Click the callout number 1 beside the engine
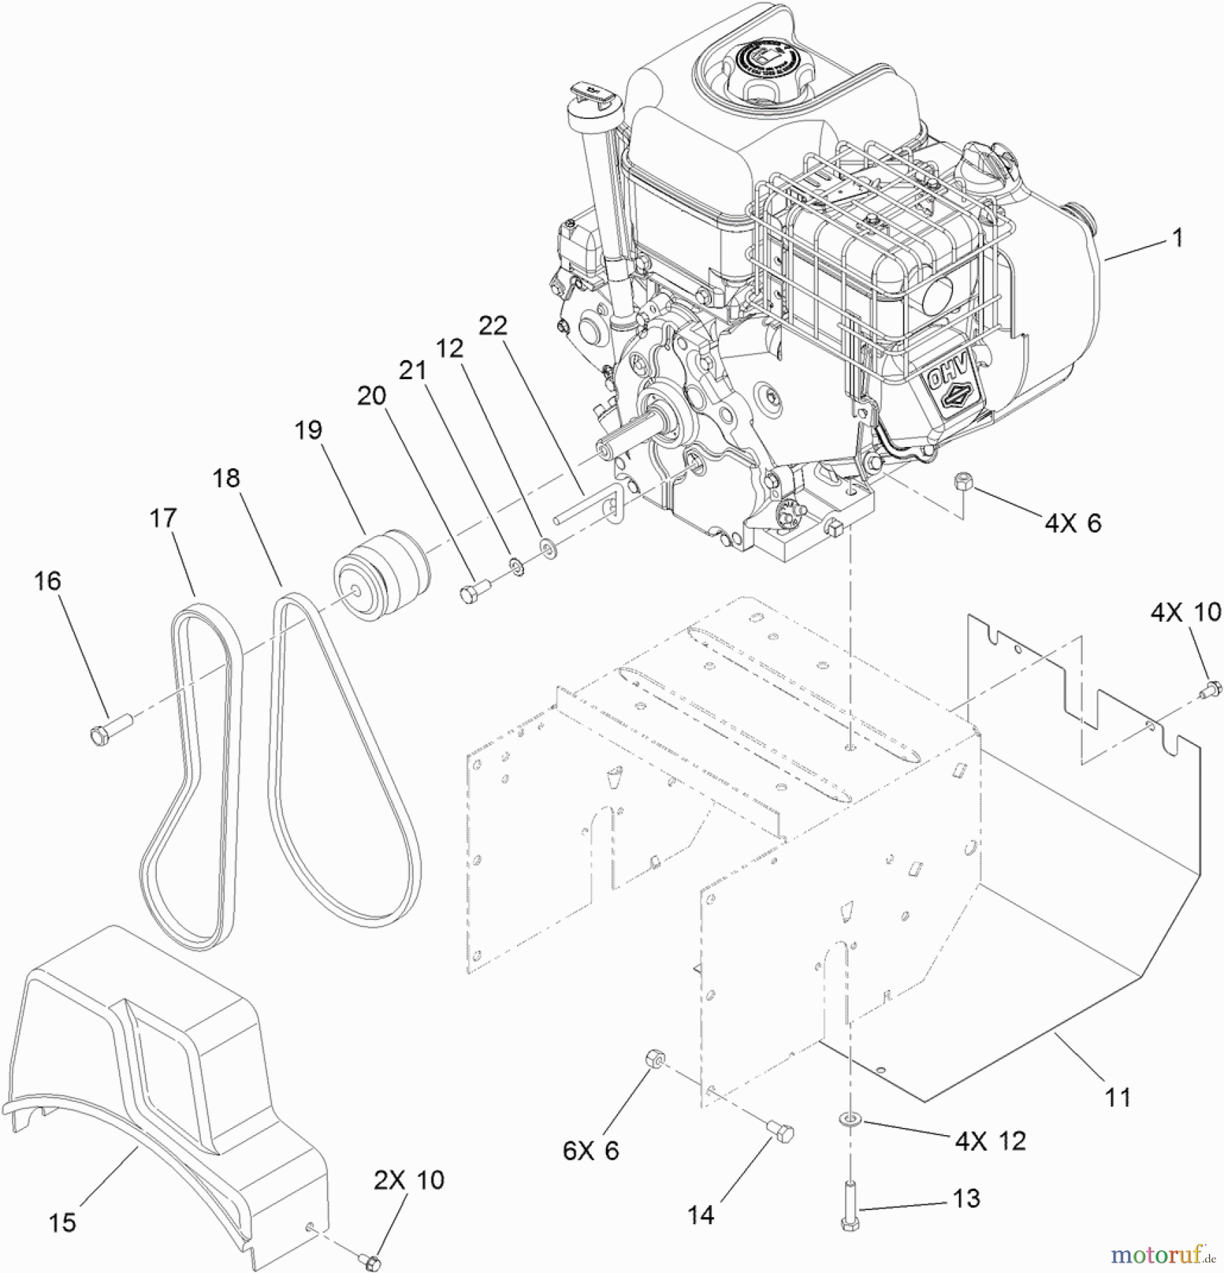1177,238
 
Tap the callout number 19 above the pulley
308,430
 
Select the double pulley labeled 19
382,577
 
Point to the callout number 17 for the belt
163,518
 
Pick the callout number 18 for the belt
226,479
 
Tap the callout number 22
493,326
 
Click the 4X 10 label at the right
1185,612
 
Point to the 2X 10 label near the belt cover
409,1179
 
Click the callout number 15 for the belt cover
62,1221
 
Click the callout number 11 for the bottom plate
1118,1098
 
